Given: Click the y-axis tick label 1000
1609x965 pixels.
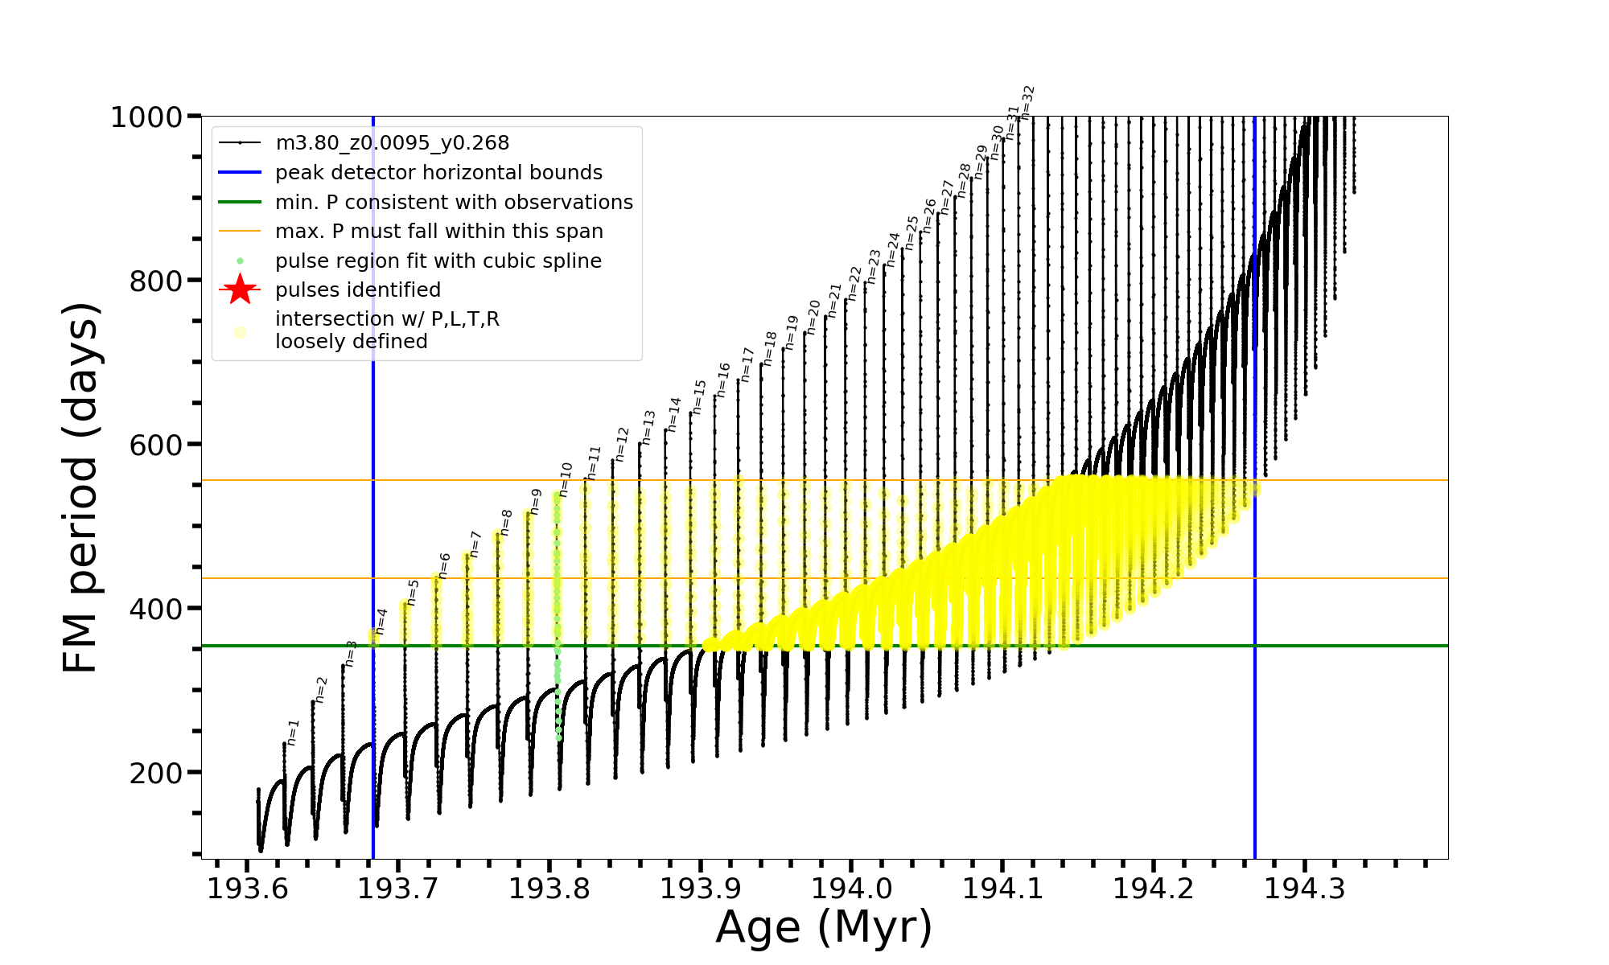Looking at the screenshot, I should pyautogui.click(x=146, y=117).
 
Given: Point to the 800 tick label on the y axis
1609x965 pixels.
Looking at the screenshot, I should pyautogui.click(x=156, y=281).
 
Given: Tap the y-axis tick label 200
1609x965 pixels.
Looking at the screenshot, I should pyautogui.click(x=156, y=773).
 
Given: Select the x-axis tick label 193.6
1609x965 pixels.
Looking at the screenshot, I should pyautogui.click(x=247, y=889).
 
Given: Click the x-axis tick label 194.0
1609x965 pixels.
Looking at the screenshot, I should pyautogui.click(x=851, y=889).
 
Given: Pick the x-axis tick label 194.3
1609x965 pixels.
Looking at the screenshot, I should pyautogui.click(x=1305, y=889).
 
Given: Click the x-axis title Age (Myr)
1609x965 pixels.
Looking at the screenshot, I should pyautogui.click(x=824, y=927).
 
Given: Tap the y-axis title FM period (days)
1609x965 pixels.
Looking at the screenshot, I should pyautogui.click(x=81, y=487).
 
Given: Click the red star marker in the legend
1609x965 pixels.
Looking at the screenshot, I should pyautogui.click(x=240, y=289).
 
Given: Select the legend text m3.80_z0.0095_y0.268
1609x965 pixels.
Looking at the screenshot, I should pyautogui.click(x=392, y=143).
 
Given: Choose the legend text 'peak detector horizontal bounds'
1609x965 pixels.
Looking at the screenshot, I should pyautogui.click(x=438, y=173).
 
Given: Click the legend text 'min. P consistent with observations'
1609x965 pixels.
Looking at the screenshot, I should pyautogui.click(x=454, y=202).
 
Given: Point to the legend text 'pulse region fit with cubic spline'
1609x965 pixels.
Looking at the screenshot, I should pyautogui.click(x=438, y=261).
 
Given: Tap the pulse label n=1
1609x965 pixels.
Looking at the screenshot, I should pyautogui.click(x=294, y=733).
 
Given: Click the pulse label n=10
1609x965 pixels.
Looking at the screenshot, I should pyautogui.click(x=566, y=479).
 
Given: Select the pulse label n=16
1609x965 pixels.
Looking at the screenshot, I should pyautogui.click(x=723, y=380).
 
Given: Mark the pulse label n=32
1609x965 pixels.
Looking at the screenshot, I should pyautogui.click(x=1027, y=102).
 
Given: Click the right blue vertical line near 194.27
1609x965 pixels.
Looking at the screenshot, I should pyautogui.click(x=1255, y=563).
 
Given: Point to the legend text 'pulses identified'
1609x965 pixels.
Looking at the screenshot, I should pyautogui.click(x=357, y=290).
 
